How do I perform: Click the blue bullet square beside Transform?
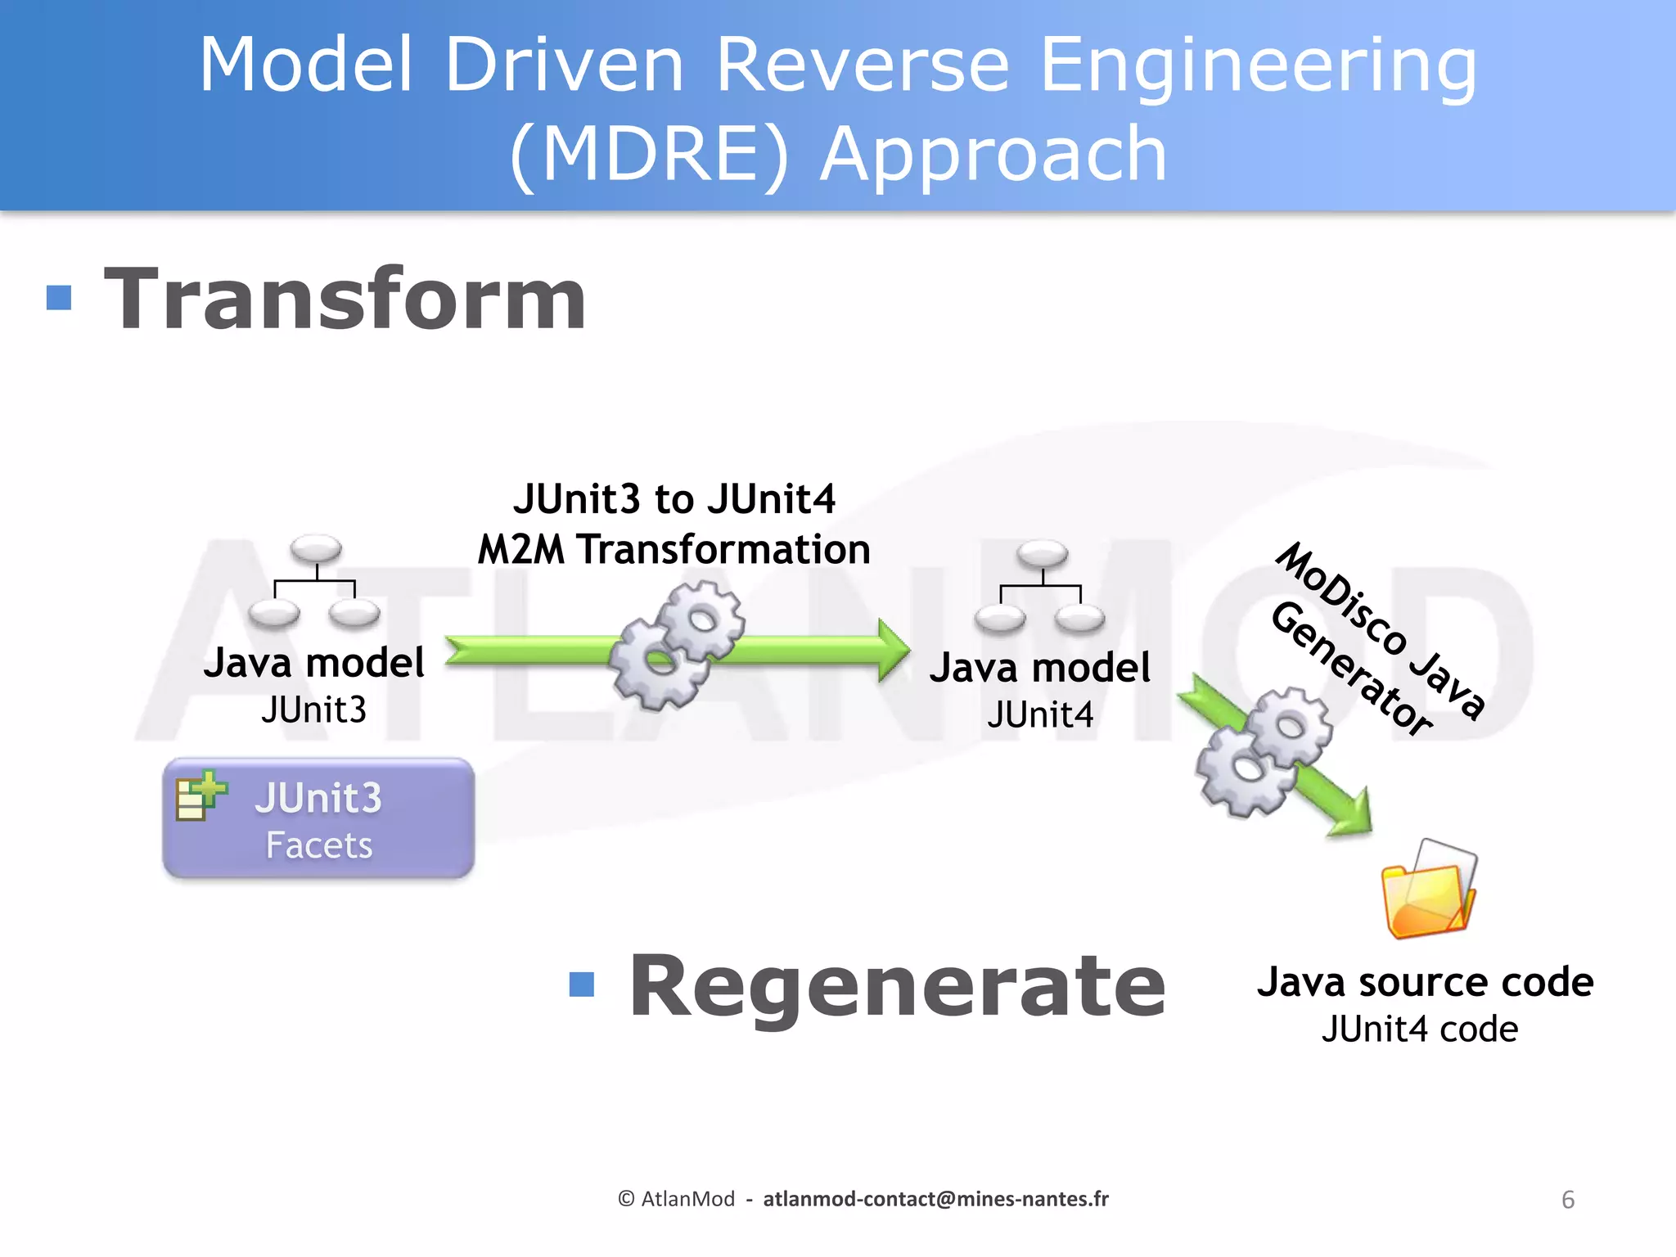[x=59, y=298]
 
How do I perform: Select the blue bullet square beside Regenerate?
[x=581, y=984]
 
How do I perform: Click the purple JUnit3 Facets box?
[x=318, y=819]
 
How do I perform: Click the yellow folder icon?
[x=1428, y=892]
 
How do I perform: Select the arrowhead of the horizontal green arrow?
[x=894, y=651]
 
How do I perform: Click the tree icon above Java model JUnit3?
[x=315, y=582]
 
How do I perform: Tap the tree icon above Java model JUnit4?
[x=1040, y=588]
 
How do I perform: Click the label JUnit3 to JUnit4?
[x=674, y=499]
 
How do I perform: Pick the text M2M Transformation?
[x=674, y=549]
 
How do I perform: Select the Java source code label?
[x=1425, y=982]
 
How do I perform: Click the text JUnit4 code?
[x=1420, y=1029]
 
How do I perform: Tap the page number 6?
[x=1568, y=1200]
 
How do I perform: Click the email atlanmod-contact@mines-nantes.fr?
[x=935, y=1199]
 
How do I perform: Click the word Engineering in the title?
[x=1258, y=65]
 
